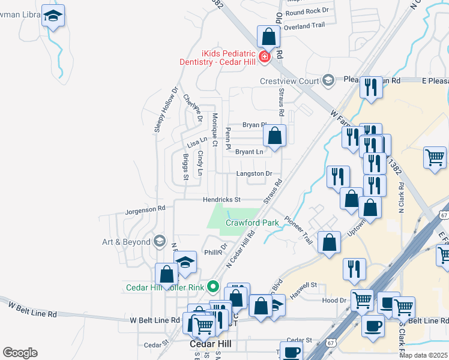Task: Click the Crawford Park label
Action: click(x=252, y=223)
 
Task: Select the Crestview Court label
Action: click(x=289, y=81)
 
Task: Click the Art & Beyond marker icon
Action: click(x=159, y=241)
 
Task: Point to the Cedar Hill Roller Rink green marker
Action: click(x=212, y=287)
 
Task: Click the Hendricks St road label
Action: click(x=220, y=199)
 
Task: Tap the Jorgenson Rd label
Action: click(x=145, y=210)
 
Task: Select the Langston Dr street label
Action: click(x=254, y=173)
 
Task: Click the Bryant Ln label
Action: click(x=249, y=152)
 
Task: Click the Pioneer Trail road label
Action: click(x=299, y=230)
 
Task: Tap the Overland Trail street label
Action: click(x=304, y=26)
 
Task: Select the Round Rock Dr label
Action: click(x=307, y=11)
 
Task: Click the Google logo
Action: click(x=20, y=353)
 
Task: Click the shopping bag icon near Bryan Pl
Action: click(x=274, y=136)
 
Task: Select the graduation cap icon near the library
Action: click(x=53, y=17)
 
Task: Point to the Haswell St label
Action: click(x=304, y=286)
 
